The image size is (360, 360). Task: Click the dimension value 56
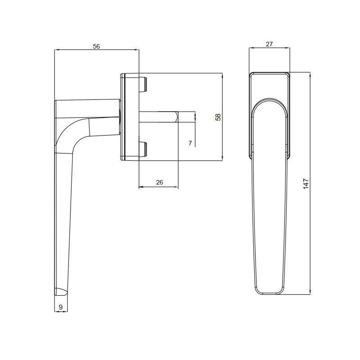[96, 46]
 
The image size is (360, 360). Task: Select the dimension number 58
[218, 117]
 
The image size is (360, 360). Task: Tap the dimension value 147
[306, 184]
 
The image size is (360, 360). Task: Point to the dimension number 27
[269, 44]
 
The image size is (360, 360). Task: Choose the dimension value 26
[159, 182]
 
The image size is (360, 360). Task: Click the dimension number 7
[190, 143]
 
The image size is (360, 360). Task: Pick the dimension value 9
[61, 307]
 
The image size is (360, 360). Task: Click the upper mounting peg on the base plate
[143, 84]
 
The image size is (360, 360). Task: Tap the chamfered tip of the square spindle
[176, 117]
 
